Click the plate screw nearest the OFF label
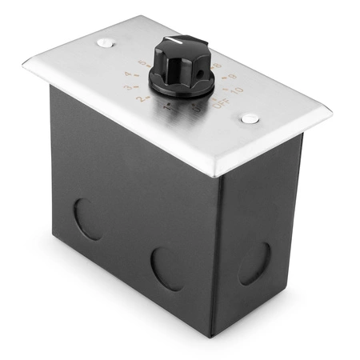(250, 118)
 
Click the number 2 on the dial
(144, 99)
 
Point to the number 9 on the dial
(233, 78)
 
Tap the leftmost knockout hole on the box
(88, 219)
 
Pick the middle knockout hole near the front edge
(166, 267)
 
